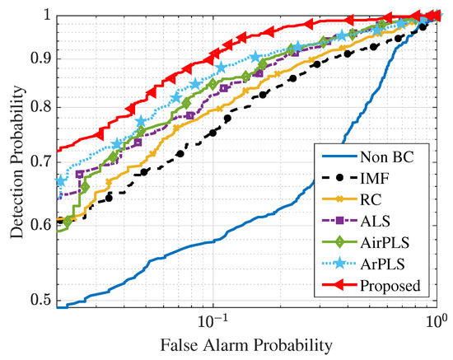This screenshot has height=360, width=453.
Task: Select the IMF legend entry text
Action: click(x=374, y=178)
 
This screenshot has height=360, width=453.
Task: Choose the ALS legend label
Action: click(x=374, y=221)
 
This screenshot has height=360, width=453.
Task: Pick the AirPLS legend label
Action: click(x=385, y=242)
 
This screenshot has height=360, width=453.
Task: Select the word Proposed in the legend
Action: click(x=390, y=286)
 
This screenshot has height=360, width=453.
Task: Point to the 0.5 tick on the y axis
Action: click(x=42, y=300)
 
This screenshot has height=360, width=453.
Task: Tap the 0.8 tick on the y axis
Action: click(x=42, y=106)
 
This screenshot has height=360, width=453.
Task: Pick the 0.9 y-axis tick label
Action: click(x=42, y=58)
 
